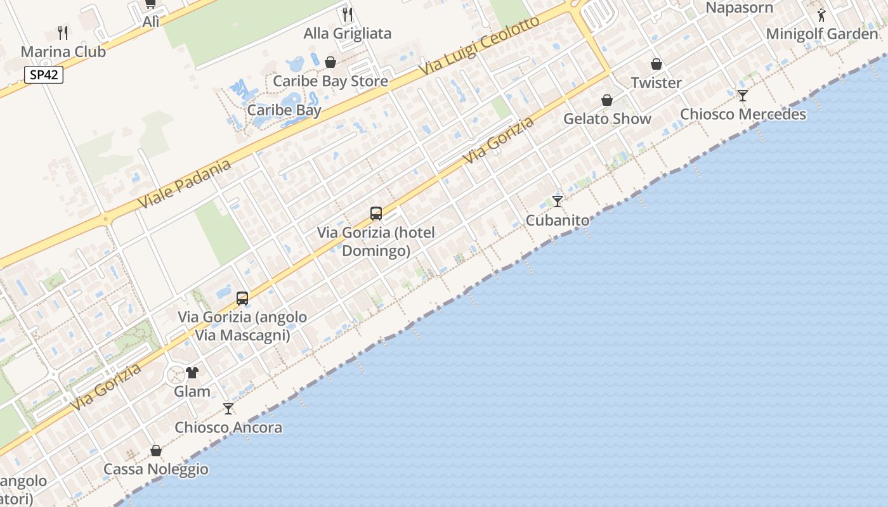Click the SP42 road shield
[44, 75]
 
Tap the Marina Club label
[63, 51]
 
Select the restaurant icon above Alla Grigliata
[348, 14]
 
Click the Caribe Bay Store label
[330, 81]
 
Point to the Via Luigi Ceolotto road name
[480, 49]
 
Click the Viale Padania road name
[185, 184]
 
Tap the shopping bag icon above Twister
[656, 64]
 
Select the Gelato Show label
[607, 119]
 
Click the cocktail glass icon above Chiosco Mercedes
[743, 96]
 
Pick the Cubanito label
[558, 220]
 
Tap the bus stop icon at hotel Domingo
[376, 214]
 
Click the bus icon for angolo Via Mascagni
[242, 298]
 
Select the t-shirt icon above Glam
[192, 372]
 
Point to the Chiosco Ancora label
[228, 427]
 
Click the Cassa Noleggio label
[156, 469]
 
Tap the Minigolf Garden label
[822, 34]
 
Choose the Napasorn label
[739, 8]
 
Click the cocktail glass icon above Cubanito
[558, 202]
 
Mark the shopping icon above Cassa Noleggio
[156, 451]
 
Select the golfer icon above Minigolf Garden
[822, 15]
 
